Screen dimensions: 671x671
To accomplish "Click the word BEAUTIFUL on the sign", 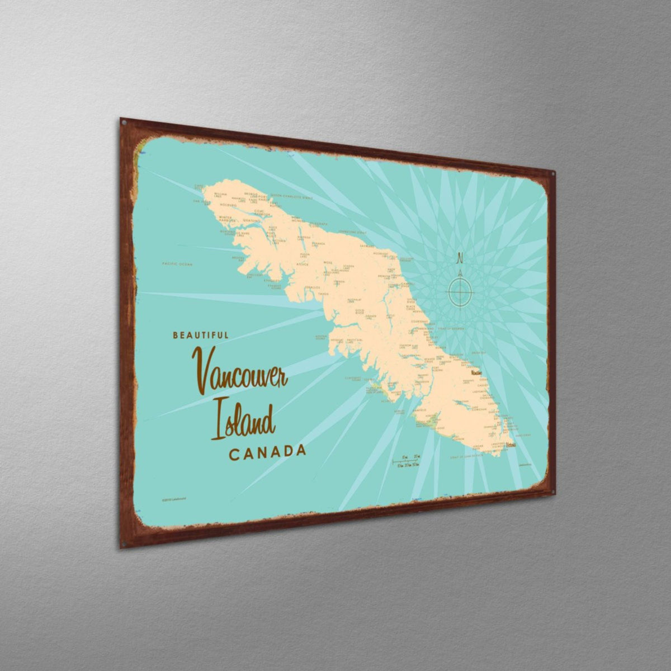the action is [200, 335].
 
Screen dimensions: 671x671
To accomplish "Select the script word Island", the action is [242, 420].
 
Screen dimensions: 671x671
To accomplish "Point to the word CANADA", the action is [267, 452].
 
